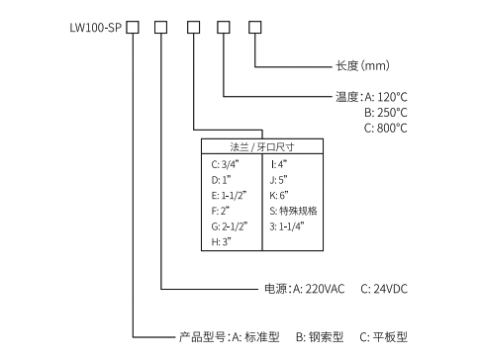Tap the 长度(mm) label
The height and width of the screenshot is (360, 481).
[x=363, y=67]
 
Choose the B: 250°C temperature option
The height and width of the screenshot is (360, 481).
[x=386, y=113]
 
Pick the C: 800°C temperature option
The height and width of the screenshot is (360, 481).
[x=386, y=129]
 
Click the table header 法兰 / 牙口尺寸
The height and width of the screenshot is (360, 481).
[x=261, y=146]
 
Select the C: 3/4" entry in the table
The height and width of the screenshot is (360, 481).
[x=225, y=164]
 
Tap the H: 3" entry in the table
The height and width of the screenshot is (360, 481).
[x=222, y=242]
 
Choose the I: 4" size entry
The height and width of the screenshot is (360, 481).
[x=278, y=164]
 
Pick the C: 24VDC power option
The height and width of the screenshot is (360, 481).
[x=385, y=289]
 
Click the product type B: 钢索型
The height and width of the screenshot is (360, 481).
[x=322, y=337]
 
